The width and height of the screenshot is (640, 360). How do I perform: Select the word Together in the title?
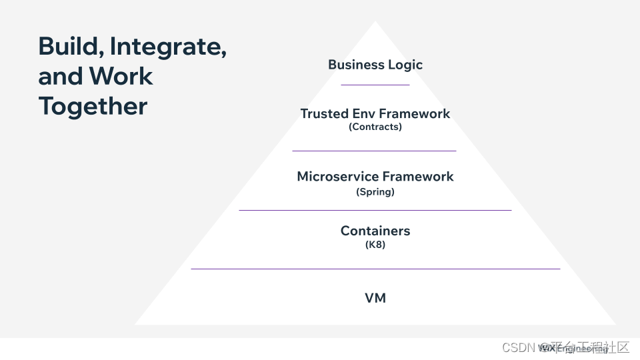point(93,106)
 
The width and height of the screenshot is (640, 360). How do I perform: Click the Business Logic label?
point(375,65)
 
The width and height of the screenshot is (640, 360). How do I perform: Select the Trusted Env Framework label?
point(375,113)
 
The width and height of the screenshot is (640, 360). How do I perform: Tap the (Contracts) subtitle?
point(375,127)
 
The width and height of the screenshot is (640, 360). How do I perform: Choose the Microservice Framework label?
point(375,177)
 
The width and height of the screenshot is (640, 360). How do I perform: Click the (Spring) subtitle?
point(375,192)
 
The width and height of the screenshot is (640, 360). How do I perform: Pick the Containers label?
point(375,231)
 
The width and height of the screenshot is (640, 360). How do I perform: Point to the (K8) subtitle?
point(375,245)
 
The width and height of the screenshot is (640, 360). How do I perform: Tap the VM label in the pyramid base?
point(375,298)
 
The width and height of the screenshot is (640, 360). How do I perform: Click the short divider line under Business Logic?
point(375,85)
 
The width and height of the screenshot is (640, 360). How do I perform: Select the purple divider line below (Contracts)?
point(374,151)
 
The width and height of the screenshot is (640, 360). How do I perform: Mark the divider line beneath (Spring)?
point(375,210)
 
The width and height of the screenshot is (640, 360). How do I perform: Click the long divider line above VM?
point(375,269)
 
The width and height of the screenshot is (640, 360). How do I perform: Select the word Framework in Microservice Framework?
point(415,177)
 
